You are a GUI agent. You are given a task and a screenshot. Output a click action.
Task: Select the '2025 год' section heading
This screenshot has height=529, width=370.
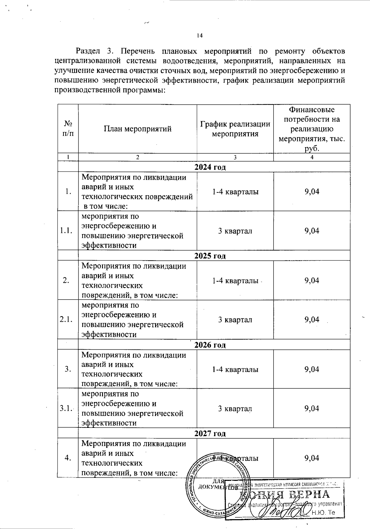(210, 256)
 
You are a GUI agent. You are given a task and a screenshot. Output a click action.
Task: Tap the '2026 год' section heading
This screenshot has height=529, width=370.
(210, 345)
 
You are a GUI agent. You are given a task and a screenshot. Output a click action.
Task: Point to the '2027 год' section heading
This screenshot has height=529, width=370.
(210, 433)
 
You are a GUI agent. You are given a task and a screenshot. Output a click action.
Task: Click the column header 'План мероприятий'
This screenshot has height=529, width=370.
(138, 129)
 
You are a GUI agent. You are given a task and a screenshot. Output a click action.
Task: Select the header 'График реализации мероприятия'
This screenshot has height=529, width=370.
(235, 129)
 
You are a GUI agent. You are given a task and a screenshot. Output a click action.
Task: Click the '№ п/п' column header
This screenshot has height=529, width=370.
(68, 129)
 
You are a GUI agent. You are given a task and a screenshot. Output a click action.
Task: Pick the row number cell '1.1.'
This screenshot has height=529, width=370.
(68, 231)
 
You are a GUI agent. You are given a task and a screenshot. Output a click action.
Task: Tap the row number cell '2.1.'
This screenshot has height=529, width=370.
(68, 320)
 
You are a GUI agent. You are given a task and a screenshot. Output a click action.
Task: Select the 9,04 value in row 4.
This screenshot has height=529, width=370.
(312, 458)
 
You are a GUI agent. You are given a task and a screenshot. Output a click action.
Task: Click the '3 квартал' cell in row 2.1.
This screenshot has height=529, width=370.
(235, 320)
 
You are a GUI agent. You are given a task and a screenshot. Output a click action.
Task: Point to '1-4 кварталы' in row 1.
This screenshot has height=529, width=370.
(235, 192)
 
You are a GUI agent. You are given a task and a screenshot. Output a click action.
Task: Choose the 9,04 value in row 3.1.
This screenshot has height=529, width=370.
(312, 408)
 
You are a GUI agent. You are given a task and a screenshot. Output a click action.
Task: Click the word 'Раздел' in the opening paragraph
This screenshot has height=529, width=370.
(87, 51)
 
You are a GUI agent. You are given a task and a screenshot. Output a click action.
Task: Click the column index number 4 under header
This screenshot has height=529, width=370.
(312, 157)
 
